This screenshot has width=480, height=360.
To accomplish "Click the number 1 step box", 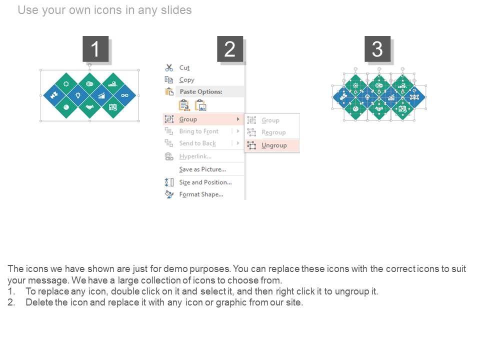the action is pyautogui.click(x=95, y=49).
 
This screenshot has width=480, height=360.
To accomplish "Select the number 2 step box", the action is pyautogui.click(x=230, y=49).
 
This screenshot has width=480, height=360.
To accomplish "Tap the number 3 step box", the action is pyautogui.click(x=377, y=49).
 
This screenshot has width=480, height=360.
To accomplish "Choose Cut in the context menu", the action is pyautogui.click(x=184, y=67).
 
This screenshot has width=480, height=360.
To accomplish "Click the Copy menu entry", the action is pyautogui.click(x=186, y=80).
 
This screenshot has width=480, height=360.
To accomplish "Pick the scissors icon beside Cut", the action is pyautogui.click(x=169, y=67).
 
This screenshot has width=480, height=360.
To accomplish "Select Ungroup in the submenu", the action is pyautogui.click(x=274, y=145).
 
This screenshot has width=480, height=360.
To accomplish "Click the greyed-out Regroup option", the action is pyautogui.click(x=273, y=132).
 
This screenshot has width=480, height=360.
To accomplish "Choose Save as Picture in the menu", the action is pyautogui.click(x=202, y=169).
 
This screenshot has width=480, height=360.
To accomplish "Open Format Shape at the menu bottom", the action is pyautogui.click(x=201, y=194).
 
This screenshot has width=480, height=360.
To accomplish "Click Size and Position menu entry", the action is pyautogui.click(x=205, y=182).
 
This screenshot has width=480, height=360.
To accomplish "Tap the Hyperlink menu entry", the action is pyautogui.click(x=195, y=156).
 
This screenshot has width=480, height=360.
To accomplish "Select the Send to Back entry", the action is pyautogui.click(x=197, y=143).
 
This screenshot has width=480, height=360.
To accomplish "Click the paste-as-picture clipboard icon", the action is pyautogui.click(x=201, y=105).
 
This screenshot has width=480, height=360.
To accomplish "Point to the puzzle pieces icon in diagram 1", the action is pyautogui.click(x=54, y=95).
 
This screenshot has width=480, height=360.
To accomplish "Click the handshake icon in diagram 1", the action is pyautogui.click(x=89, y=107).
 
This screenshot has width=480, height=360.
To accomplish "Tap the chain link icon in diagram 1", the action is pyautogui.click(x=124, y=95).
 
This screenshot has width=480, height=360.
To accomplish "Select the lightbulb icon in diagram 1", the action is pyautogui.click(x=78, y=95).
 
